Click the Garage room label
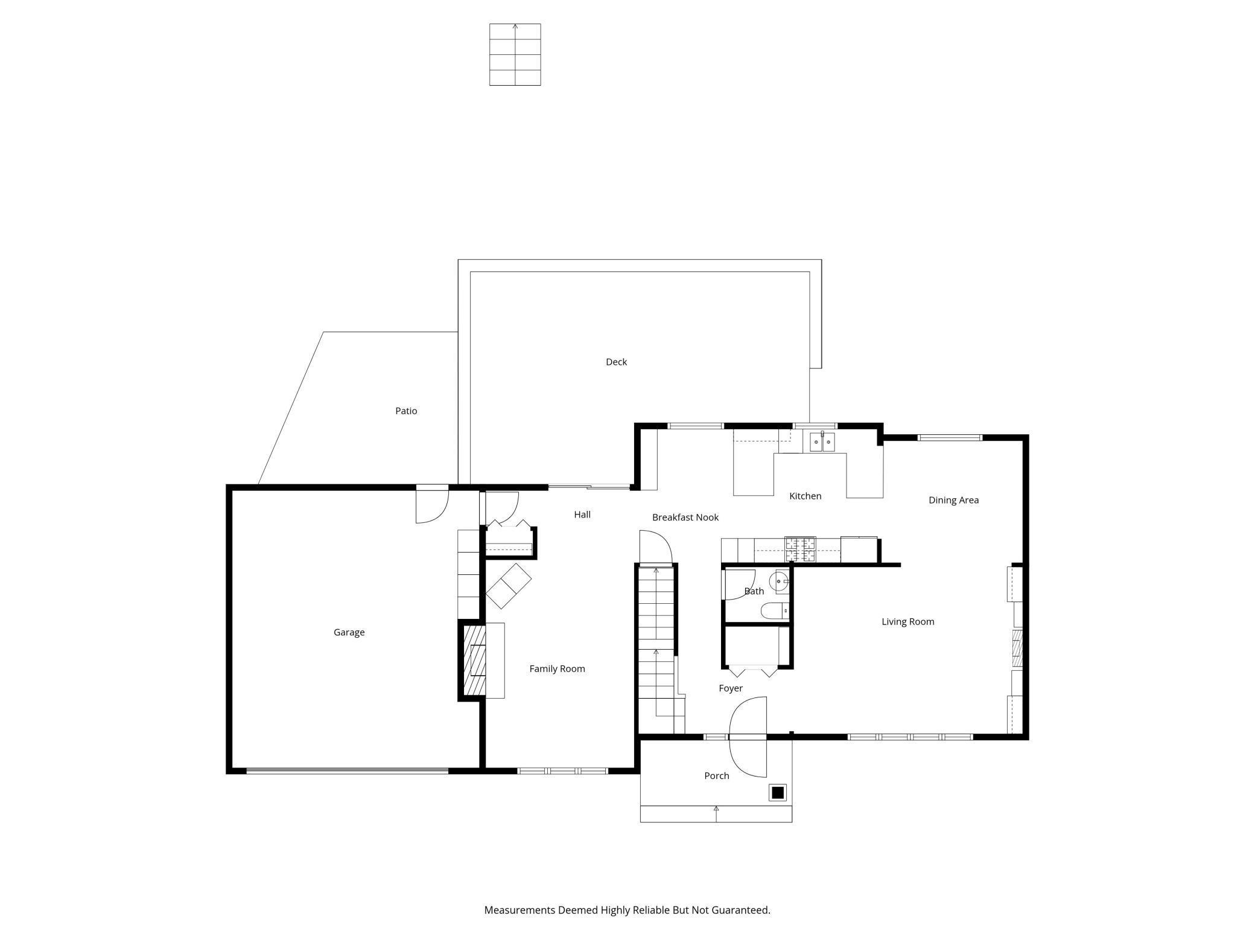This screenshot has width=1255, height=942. tap(349, 632)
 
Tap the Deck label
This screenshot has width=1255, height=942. tap(616, 362)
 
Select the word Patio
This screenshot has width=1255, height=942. tap(406, 411)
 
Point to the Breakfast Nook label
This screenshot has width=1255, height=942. tap(685, 517)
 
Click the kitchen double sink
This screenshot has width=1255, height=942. tap(822, 443)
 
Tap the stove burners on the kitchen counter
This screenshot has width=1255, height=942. tap(800, 549)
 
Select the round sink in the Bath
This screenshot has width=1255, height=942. tap(780, 582)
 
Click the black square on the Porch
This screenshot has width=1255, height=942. tap(778, 792)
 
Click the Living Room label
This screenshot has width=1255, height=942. tap(907, 621)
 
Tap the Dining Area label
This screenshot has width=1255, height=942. tap(953, 500)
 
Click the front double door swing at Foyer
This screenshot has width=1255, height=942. tap(748, 737)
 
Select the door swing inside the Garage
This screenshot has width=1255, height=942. tap(432, 506)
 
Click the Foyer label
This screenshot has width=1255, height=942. tap(730, 688)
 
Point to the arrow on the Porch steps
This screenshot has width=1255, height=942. tap(716, 813)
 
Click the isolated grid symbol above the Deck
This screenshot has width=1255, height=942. tap(515, 54)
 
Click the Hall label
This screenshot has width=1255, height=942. tap(582, 514)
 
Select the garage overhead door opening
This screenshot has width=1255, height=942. tap(347, 771)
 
